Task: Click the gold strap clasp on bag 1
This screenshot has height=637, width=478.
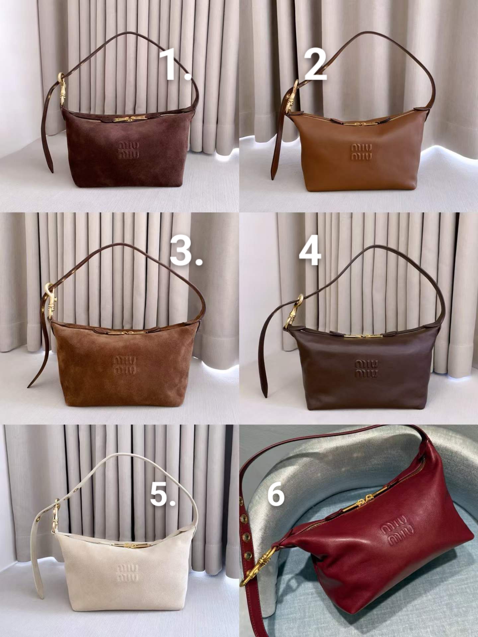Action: (61, 92)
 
